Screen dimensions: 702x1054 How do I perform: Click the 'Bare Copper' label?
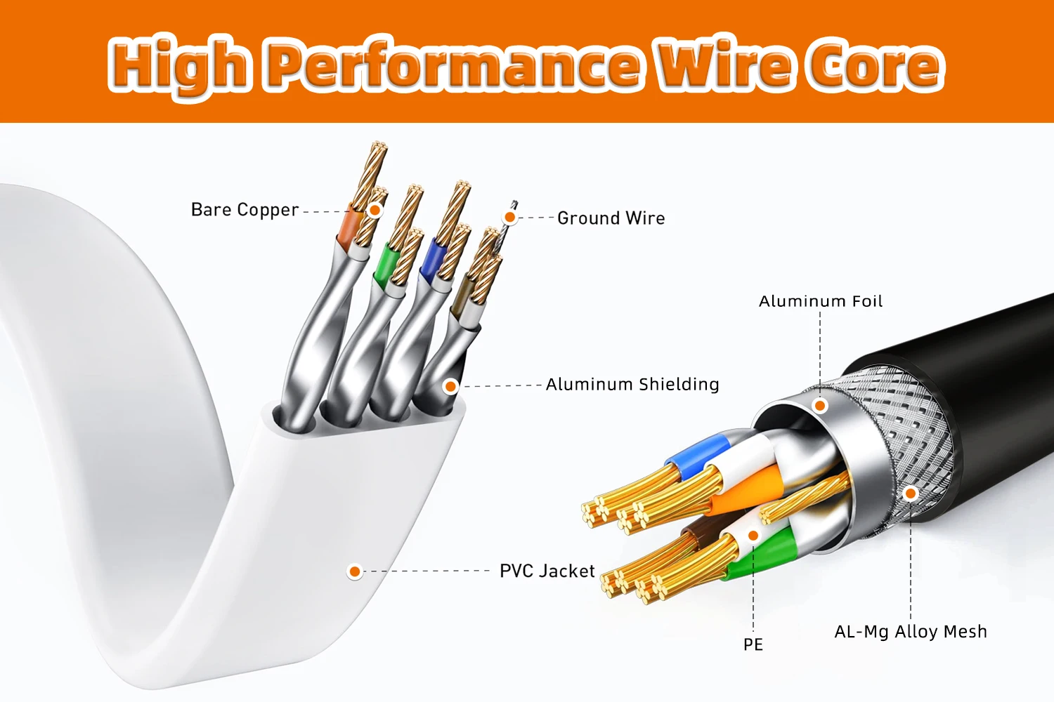click(x=245, y=210)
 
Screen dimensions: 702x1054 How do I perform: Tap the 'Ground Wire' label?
click(x=611, y=218)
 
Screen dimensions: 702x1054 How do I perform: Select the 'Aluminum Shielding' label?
click(x=632, y=385)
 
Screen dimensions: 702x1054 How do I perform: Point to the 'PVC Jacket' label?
click(x=547, y=571)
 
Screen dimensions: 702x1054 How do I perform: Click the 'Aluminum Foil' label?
click(x=820, y=301)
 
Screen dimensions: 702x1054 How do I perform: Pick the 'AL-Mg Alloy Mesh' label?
click(x=910, y=632)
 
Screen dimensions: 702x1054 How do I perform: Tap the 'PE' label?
click(x=753, y=644)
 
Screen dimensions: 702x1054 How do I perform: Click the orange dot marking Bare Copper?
click(x=375, y=210)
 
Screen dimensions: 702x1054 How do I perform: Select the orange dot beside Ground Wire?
click(x=510, y=218)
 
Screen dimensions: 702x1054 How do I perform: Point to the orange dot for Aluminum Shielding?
click(x=451, y=386)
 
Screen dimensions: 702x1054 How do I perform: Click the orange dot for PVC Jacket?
click(x=355, y=571)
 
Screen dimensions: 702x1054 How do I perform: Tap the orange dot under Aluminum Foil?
click(x=820, y=405)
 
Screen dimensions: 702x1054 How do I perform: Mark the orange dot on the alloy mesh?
click(x=911, y=494)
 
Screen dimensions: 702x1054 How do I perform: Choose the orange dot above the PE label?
click(x=753, y=536)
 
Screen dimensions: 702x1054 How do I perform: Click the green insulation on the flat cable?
click(x=384, y=263)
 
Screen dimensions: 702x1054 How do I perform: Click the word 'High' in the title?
click(x=179, y=65)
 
